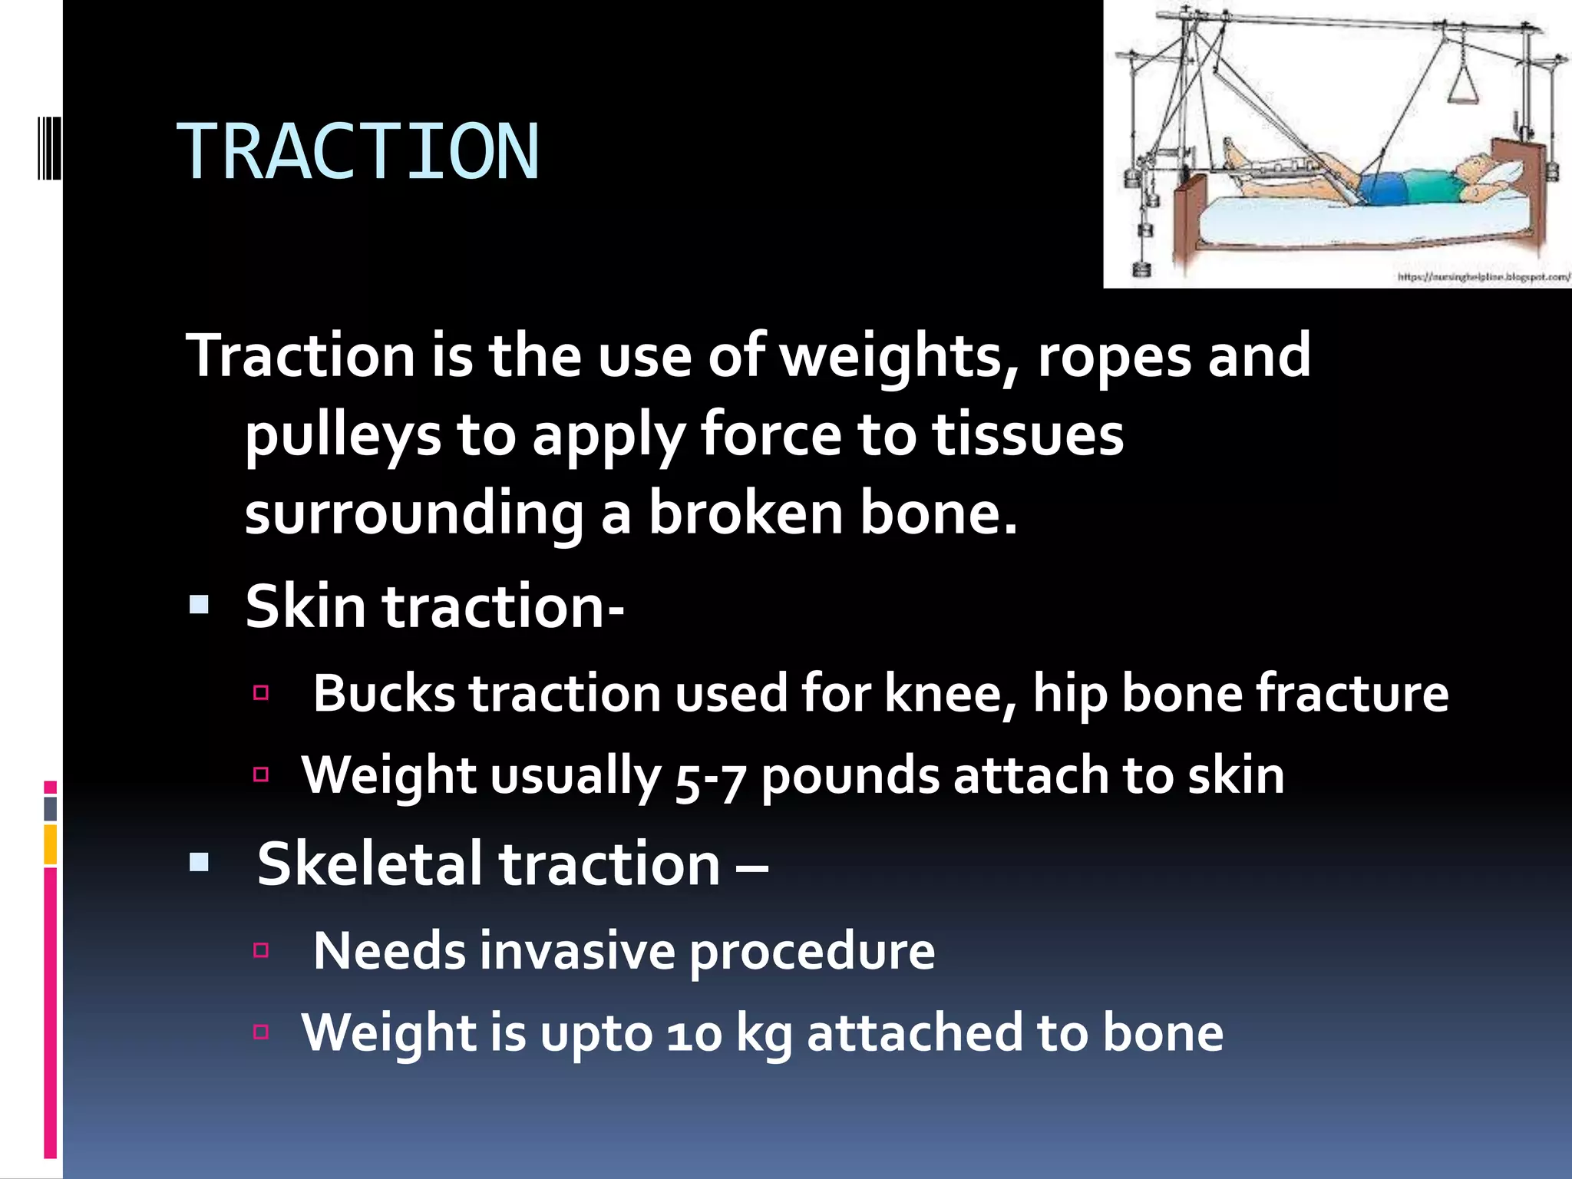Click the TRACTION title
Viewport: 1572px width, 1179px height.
(358, 152)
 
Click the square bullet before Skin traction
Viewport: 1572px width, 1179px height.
(200, 606)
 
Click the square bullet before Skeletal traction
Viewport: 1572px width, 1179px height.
(200, 863)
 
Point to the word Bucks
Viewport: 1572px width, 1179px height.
(384, 693)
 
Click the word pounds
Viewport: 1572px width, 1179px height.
(850, 775)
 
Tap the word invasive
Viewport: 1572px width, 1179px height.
(577, 951)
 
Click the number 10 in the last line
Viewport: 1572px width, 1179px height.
(694, 1034)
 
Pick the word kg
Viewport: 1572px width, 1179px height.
(764, 1034)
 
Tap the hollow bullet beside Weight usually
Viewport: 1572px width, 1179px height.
(261, 774)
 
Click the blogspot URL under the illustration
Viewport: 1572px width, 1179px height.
(1483, 277)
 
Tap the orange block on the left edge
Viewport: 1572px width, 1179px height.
(50, 844)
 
